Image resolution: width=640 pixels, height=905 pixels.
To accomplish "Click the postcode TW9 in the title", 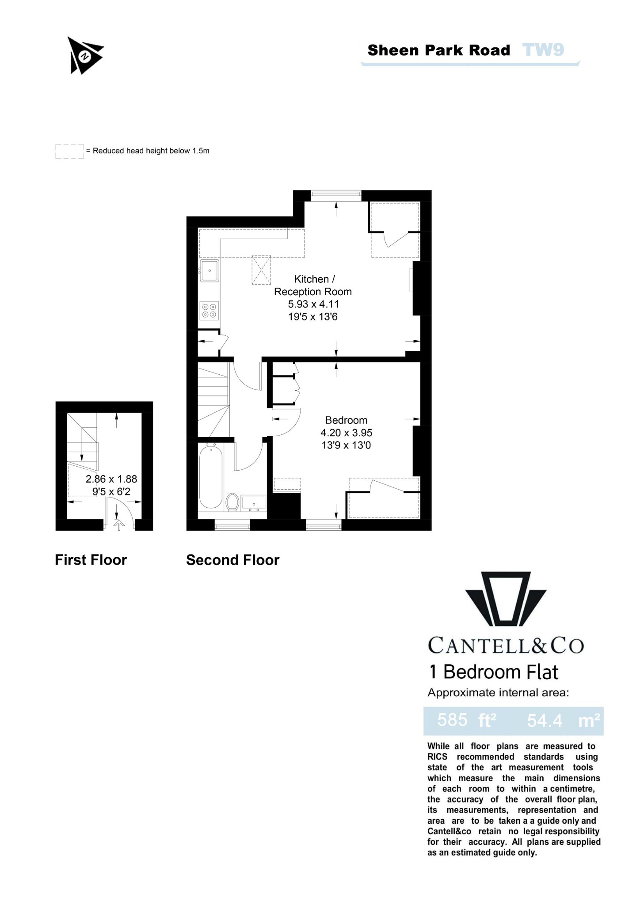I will point(543,50).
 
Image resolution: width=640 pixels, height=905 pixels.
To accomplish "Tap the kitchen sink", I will point(210,270).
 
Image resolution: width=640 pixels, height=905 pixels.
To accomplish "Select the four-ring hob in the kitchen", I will point(209,310).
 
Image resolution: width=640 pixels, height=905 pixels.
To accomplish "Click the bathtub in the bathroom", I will point(211,478).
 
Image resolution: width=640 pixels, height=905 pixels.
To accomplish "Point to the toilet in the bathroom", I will point(232,502).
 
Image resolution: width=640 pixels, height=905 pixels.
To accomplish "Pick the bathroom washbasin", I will point(254,503).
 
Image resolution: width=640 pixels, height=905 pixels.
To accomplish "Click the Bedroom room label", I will point(346,420).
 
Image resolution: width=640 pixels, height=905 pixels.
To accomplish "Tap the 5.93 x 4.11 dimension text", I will point(313,304).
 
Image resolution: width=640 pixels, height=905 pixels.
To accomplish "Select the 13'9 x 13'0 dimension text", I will point(346,445).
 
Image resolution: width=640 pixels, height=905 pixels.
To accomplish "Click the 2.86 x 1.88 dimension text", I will point(111,479).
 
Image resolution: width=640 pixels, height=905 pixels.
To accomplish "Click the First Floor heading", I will point(91,560).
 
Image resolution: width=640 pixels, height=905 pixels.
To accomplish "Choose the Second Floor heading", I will point(232,560).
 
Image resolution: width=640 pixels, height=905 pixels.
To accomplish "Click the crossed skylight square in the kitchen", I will point(261,270).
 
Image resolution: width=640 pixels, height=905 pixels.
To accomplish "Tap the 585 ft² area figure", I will point(467,720).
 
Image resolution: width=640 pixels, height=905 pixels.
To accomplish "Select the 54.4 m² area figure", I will point(563,720).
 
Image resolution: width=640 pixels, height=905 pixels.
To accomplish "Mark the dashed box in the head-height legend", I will point(69,151).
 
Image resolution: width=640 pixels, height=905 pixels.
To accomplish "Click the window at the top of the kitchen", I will point(336,195).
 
